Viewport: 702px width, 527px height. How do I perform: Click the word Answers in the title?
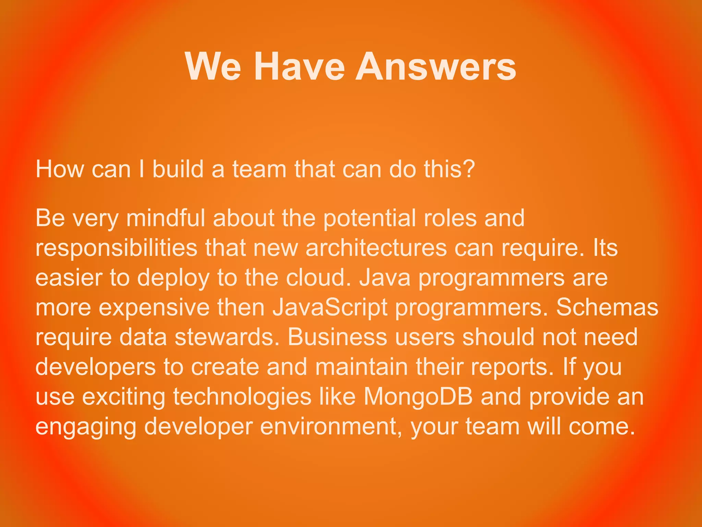[x=436, y=67]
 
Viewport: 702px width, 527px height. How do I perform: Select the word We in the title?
[x=213, y=67]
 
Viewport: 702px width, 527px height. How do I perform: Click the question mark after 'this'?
[x=468, y=169]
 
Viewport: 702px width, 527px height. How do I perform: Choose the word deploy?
[x=173, y=278]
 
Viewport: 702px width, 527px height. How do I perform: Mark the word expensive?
[x=154, y=308]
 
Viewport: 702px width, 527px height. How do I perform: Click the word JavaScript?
[x=330, y=308]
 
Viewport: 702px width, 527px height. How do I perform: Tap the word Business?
[x=337, y=337]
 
